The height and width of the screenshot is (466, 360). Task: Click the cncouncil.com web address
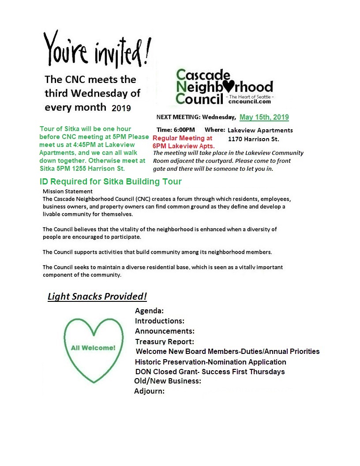(249, 101)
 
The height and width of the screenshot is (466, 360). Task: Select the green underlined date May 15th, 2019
(264, 117)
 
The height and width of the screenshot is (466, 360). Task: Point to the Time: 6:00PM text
(176, 130)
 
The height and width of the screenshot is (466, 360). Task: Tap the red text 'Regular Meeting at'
(182, 138)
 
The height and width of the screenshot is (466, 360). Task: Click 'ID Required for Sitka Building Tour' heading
(110, 181)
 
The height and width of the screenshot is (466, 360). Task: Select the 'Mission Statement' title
(67, 192)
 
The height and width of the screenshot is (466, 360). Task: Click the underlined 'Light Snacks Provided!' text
(97, 297)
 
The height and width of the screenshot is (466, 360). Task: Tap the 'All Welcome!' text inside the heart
(93, 348)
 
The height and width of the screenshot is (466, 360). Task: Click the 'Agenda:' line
(149, 311)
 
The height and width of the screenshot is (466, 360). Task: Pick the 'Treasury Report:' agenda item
(164, 342)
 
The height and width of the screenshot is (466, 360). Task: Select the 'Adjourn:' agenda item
(149, 391)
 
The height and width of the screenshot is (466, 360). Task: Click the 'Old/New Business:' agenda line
(168, 381)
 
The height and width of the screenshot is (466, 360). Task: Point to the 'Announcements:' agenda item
(165, 331)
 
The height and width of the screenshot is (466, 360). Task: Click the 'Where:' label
(215, 130)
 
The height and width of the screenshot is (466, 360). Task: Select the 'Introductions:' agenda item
(159, 321)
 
